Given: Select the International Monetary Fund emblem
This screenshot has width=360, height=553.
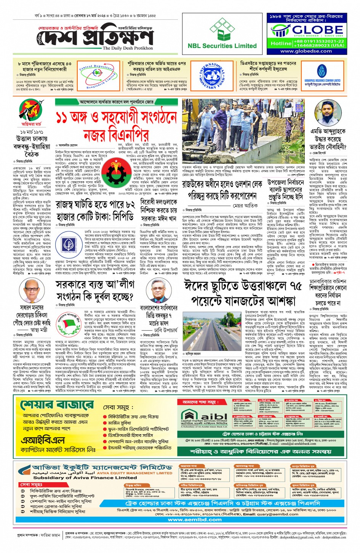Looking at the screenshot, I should coord(212,76).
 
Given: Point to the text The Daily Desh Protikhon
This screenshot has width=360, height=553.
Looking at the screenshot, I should coord(128,48).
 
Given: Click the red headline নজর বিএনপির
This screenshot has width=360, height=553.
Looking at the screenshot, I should coord(116,134).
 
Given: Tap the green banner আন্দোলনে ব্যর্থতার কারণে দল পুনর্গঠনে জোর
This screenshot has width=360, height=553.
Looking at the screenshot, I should coord(117,102).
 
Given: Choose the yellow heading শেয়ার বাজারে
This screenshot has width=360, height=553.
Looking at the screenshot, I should coord(58,405).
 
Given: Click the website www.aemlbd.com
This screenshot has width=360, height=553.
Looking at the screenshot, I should coord(195,519).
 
